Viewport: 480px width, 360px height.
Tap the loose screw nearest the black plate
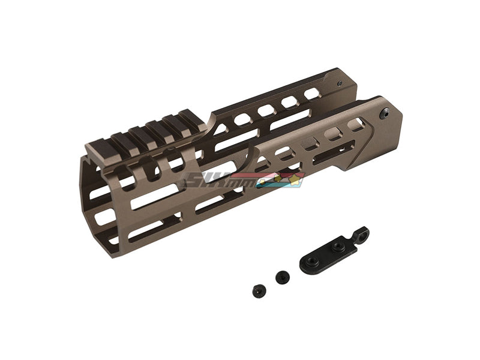[x=282, y=277]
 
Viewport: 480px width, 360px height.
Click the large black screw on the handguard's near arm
[x=384, y=112]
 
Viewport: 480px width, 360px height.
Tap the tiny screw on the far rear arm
[x=340, y=84]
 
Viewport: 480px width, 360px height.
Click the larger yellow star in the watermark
[x=296, y=177]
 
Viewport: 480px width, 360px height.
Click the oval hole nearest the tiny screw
[x=311, y=94]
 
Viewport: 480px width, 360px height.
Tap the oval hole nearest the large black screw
[x=356, y=124]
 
